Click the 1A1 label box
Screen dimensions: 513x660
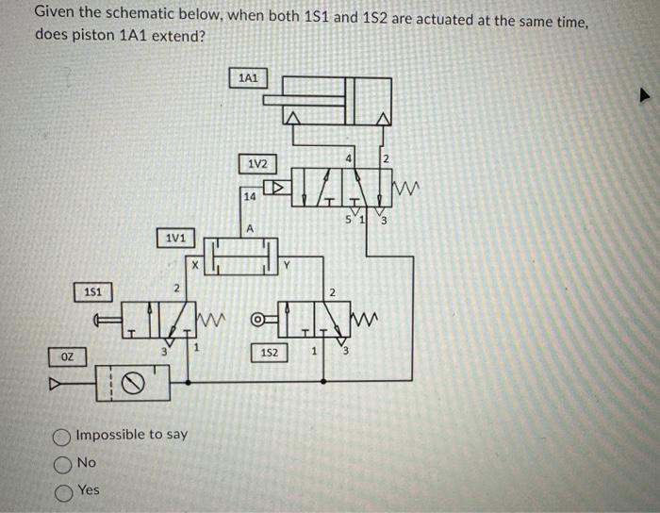pyautogui.click(x=249, y=77)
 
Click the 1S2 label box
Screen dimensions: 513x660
pyautogui.click(x=269, y=353)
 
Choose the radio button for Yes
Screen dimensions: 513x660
pyautogui.click(x=62, y=490)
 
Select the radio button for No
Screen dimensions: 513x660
pyautogui.click(x=62, y=463)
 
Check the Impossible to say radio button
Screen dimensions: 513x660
pyautogui.click(x=62, y=435)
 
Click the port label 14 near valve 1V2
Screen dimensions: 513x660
pyautogui.click(x=249, y=197)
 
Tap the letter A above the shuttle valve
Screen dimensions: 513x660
pyautogui.click(x=250, y=228)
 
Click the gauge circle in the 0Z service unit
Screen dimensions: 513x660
pyautogui.click(x=137, y=383)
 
